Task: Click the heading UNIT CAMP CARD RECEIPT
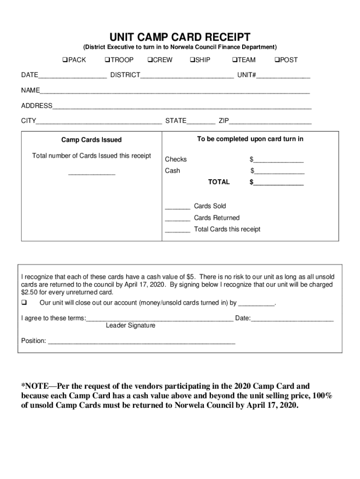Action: click(180, 37)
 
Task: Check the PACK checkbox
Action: click(65, 60)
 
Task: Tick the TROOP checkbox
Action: click(107, 60)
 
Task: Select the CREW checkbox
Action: click(150, 60)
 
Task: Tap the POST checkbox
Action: click(276, 60)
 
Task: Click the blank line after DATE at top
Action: click(72, 76)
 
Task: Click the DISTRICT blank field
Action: click(187, 76)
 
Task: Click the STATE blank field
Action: click(201, 122)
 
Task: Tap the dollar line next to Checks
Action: click(279, 160)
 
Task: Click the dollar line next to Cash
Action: click(279, 171)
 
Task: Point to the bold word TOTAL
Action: click(219, 182)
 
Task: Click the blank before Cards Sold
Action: click(177, 207)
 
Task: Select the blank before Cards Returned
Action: click(177, 218)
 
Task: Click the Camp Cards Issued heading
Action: click(92, 140)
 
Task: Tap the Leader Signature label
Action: click(130, 326)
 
